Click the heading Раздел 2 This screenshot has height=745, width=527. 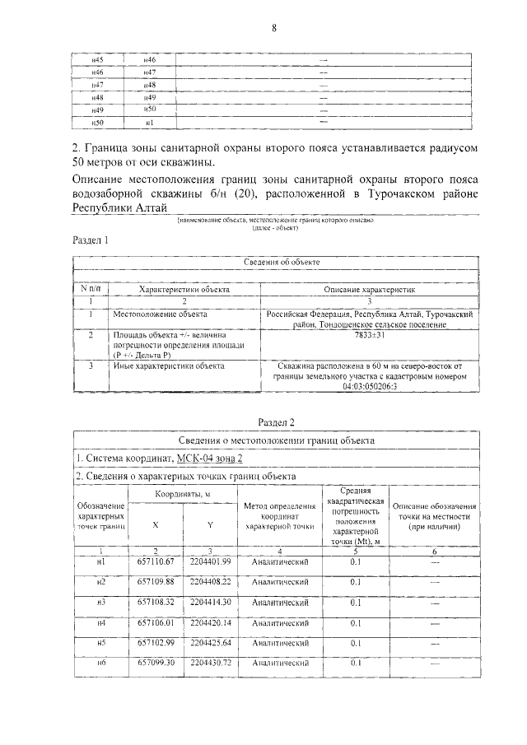(x=276, y=421)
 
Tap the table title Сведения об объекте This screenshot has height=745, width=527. (x=282, y=263)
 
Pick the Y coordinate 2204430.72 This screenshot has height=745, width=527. (x=210, y=662)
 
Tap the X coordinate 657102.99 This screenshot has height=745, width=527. (x=156, y=641)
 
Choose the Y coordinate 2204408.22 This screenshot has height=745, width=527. (x=210, y=581)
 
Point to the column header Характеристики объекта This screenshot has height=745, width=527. (x=184, y=290)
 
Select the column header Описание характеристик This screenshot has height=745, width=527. (x=370, y=290)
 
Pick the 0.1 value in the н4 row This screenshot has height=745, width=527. (x=355, y=622)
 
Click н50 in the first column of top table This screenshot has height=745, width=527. (x=97, y=122)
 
